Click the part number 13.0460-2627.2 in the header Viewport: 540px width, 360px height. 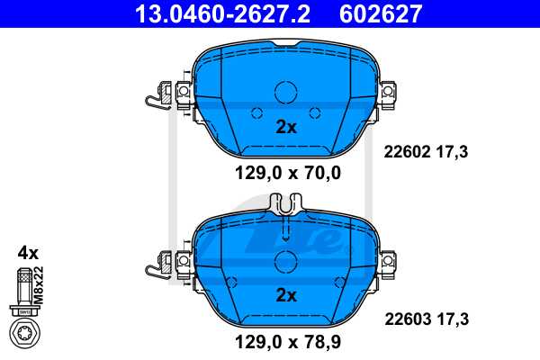pos(222,13)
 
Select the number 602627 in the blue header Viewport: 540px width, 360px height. pos(381,13)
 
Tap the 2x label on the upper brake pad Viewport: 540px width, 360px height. pos(286,127)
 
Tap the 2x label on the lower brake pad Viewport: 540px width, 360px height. pos(286,295)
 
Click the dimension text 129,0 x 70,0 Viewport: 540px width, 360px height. pos(288,173)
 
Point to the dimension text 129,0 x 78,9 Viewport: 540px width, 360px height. pos(288,342)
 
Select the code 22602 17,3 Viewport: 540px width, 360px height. pos(426,151)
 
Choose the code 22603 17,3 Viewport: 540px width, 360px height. pos(427,319)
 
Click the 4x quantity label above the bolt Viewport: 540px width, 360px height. pos(28,253)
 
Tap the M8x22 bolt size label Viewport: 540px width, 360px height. pos(39,285)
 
